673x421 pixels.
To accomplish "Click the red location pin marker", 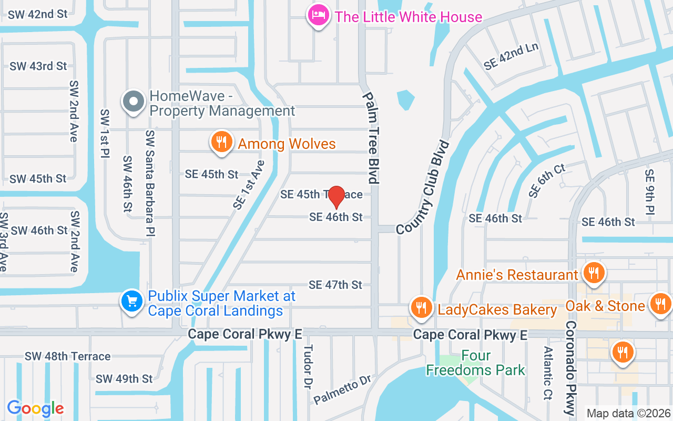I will pos(336,197).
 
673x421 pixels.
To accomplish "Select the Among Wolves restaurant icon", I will pos(222,142).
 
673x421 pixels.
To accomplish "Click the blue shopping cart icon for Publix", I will pos(131,302).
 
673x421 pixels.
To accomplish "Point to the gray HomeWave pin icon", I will pos(134,101).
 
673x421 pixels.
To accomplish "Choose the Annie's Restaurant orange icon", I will pos(594,272).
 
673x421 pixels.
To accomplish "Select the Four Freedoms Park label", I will pos(475,363).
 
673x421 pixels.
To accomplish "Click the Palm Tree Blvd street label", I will pos(371,138).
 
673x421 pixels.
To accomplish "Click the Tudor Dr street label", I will pos(308,367).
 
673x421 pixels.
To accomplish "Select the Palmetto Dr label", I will pos(342,390).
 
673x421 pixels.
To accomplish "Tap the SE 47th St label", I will pos(335,285).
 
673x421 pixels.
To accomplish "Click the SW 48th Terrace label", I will pos(68,357).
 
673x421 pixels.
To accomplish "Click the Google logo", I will pos(35,408).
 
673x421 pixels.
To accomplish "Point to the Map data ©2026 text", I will pos(628,413).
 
